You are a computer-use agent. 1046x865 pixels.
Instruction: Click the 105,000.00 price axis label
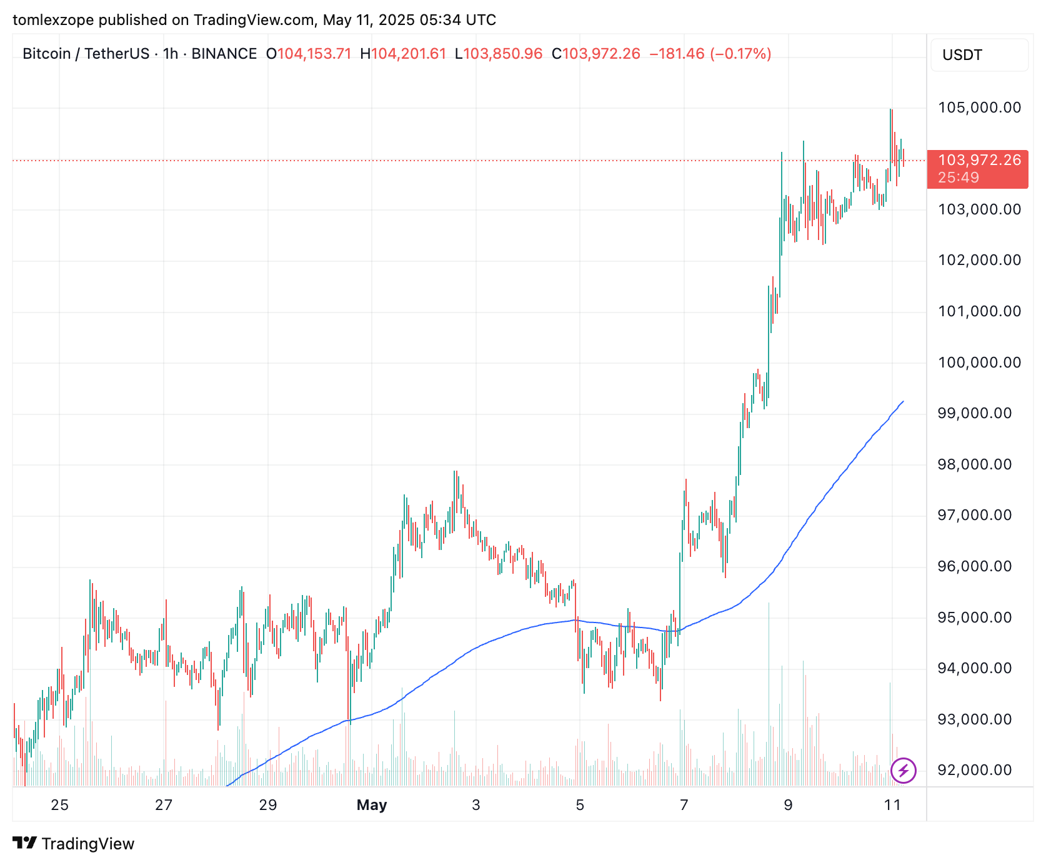click(x=979, y=107)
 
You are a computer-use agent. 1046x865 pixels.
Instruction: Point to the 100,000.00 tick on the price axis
click(x=979, y=362)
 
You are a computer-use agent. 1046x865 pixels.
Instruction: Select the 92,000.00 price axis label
click(x=974, y=770)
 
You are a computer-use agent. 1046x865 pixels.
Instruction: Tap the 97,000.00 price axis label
click(x=974, y=515)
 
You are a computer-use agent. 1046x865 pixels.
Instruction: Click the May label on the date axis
click(x=372, y=805)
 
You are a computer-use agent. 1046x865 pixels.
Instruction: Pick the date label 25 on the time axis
click(x=59, y=805)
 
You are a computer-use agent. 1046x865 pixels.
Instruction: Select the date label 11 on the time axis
click(x=892, y=805)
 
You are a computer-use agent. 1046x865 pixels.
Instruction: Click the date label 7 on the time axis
click(x=684, y=805)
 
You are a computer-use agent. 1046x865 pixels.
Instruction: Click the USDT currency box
click(x=979, y=55)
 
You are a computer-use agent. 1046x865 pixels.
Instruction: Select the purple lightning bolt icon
click(x=903, y=770)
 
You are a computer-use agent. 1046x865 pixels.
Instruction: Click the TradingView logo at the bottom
click(x=74, y=844)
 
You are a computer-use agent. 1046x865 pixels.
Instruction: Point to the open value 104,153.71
click(x=314, y=54)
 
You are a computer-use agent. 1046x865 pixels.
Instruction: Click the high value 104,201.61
click(x=409, y=54)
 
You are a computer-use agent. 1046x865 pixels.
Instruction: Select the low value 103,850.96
click(x=503, y=54)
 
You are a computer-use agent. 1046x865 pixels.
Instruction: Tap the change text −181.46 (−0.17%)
click(x=710, y=54)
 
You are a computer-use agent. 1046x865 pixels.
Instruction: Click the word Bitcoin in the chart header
click(x=46, y=54)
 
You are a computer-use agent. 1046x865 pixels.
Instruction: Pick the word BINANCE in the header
click(x=224, y=54)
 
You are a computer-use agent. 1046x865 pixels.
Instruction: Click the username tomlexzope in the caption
click(x=53, y=20)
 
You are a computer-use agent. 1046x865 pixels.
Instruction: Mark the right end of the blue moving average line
click(x=903, y=401)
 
